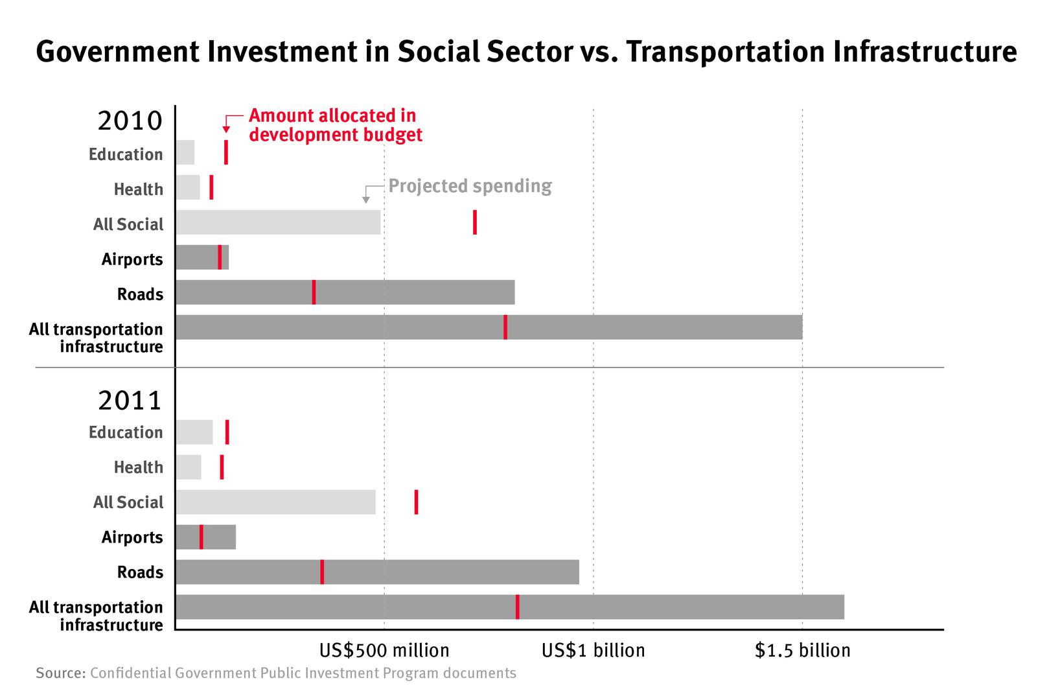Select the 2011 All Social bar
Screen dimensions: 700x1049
click(275, 502)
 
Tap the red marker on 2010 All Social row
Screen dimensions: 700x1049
click(475, 222)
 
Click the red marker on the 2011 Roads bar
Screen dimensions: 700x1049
click(322, 572)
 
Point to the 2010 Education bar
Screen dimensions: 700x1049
click(185, 152)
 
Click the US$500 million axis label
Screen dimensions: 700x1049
click(384, 650)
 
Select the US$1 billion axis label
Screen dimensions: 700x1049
click(593, 650)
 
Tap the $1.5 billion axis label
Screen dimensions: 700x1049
click(802, 650)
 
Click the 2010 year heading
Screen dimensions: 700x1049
click(130, 121)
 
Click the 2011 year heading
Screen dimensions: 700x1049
click(130, 401)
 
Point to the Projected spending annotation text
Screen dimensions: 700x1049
click(470, 186)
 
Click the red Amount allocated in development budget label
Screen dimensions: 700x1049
click(335, 125)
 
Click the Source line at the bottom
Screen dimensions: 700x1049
click(276, 673)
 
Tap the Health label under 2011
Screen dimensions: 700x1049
click(138, 467)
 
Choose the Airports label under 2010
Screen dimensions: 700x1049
click(132, 259)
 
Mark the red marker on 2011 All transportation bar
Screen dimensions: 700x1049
click(517, 607)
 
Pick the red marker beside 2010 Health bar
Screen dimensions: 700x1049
click(211, 187)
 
